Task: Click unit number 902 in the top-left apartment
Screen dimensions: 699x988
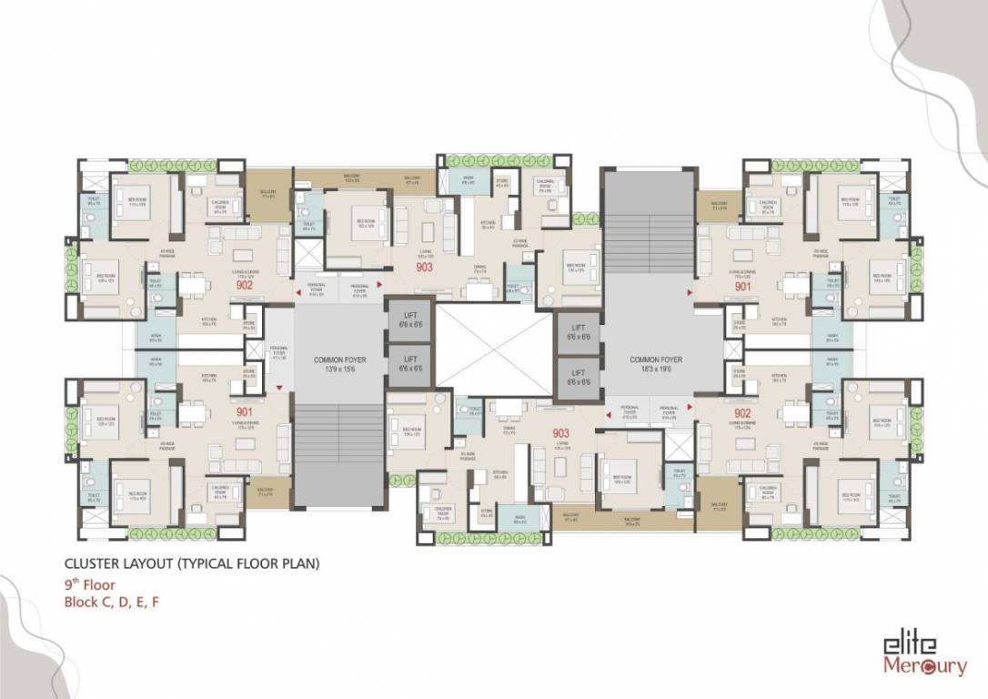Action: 244,284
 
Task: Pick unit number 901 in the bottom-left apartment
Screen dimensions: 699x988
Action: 244,411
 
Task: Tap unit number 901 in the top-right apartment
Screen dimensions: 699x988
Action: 743,284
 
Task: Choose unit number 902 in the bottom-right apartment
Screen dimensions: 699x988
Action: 743,411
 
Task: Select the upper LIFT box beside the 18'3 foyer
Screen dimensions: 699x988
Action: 578,332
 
